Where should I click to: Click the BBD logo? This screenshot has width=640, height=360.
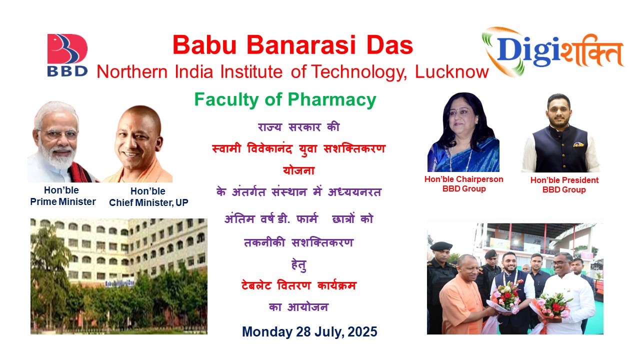(x=67, y=55)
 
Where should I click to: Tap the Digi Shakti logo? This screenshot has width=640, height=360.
(x=553, y=52)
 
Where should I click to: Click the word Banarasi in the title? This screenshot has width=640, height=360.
(x=301, y=45)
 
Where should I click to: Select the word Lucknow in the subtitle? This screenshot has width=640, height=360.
(x=451, y=71)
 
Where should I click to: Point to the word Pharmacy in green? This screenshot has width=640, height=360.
(x=332, y=100)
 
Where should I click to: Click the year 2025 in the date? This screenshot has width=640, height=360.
(x=362, y=331)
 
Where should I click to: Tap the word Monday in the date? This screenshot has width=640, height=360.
(x=267, y=332)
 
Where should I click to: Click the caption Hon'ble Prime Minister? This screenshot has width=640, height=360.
(x=63, y=196)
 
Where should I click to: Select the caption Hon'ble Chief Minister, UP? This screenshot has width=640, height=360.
(x=148, y=197)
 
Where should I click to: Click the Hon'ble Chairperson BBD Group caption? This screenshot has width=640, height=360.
(x=463, y=183)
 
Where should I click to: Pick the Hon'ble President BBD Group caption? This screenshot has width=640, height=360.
(x=564, y=185)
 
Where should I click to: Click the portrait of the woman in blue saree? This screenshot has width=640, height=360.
(x=463, y=132)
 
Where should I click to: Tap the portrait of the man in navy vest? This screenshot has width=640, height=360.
(x=560, y=133)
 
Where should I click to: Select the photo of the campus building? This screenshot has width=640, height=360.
(x=119, y=276)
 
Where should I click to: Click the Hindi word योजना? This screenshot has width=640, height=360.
(x=299, y=170)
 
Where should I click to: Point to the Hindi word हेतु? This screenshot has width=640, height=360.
(x=299, y=264)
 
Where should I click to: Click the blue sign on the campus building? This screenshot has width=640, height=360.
(x=119, y=283)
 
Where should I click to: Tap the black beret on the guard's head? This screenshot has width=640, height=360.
(x=441, y=245)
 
